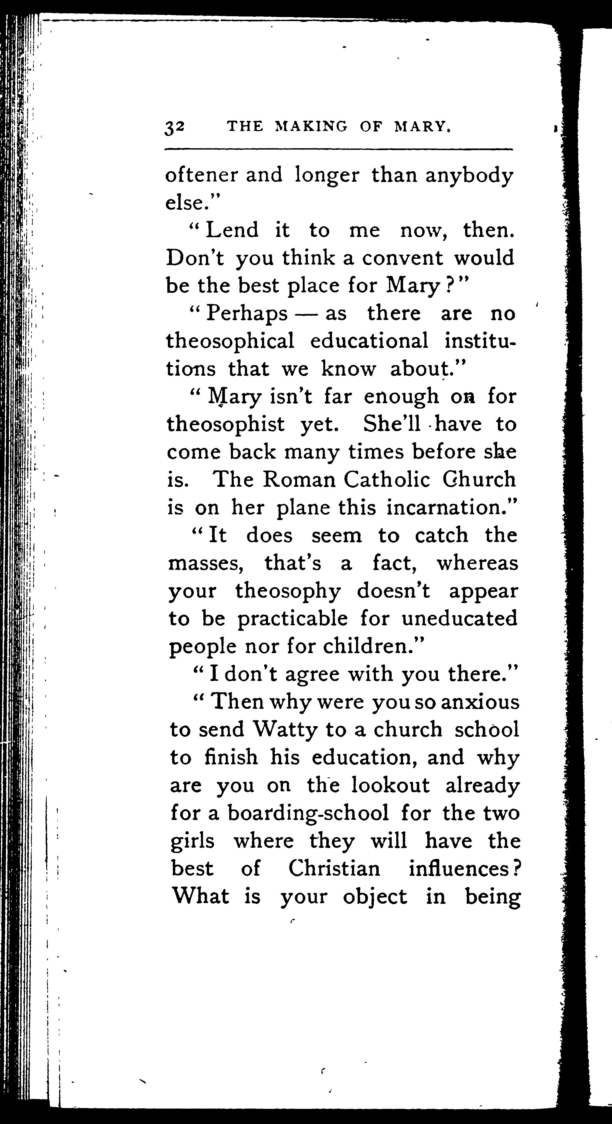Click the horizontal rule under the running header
tap(338, 150)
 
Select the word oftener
tap(202, 176)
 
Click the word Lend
tap(232, 230)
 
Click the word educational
tap(369, 341)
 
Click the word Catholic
tap(387, 480)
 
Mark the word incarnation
tap(447, 507)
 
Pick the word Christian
tap(334, 869)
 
